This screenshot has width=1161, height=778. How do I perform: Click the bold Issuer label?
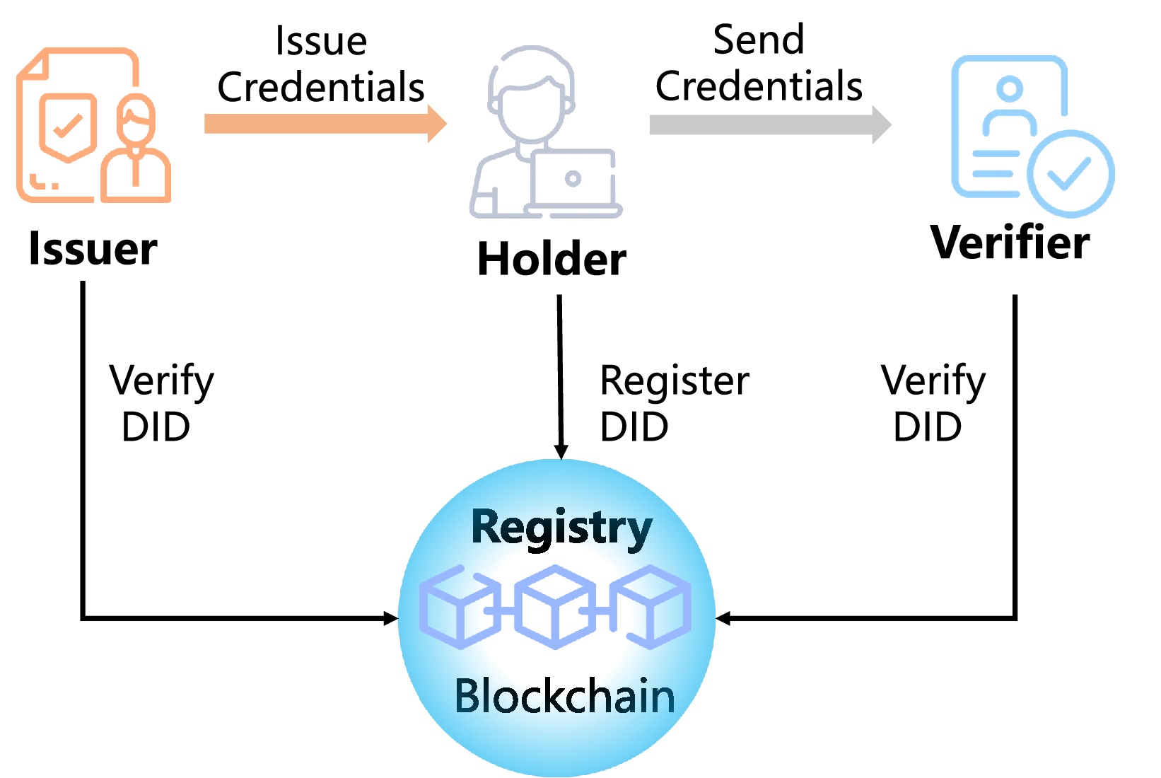click(93, 249)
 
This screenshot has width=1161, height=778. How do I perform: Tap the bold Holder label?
click(552, 259)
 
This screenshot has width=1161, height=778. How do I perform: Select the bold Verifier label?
click(1010, 243)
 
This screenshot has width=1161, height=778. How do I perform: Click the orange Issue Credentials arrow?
click(325, 124)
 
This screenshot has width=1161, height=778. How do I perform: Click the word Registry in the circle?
click(561, 527)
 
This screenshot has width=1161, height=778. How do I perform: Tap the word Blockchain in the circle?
click(564, 696)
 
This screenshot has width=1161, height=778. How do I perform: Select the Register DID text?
click(673, 403)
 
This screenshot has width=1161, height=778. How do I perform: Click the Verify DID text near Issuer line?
click(161, 403)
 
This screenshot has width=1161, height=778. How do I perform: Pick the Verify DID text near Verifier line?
click(932, 403)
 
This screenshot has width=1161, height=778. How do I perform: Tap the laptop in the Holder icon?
click(573, 180)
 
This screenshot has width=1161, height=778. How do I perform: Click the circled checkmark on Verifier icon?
click(1070, 173)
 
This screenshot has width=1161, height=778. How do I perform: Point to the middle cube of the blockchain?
click(555, 606)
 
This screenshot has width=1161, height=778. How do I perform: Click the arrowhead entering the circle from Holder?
click(561, 452)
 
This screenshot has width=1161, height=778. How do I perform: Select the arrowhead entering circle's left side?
click(390, 618)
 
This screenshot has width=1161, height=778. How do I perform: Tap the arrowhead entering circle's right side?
click(723, 618)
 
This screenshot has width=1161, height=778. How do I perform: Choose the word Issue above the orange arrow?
click(321, 40)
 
